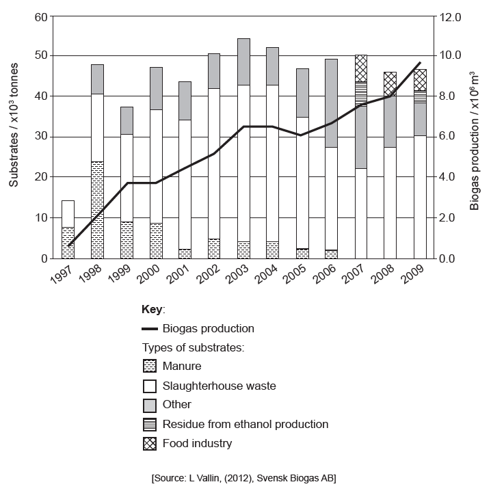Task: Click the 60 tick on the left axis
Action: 40,16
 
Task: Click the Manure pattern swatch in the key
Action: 150,366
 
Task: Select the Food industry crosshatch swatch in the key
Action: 150,444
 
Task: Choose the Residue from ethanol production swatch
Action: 150,424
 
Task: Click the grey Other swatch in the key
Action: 150,405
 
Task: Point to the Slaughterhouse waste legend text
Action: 219,386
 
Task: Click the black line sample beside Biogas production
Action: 150,329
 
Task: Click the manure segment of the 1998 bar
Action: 97,209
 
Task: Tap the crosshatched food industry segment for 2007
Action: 360,68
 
